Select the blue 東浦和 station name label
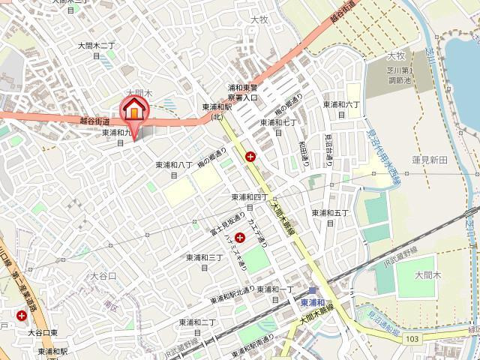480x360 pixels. point(313,303)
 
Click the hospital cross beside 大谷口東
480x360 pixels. point(22,314)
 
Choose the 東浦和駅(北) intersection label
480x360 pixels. point(216,112)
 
